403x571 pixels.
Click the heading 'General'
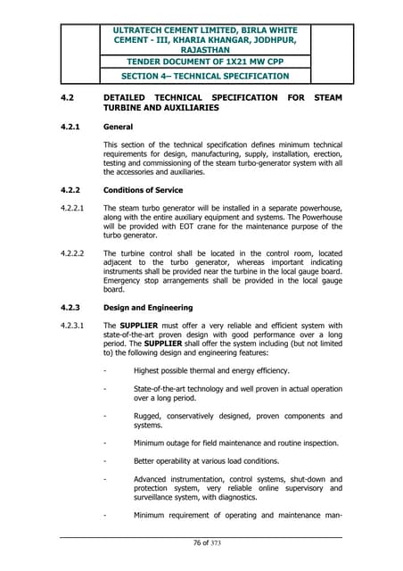(119, 126)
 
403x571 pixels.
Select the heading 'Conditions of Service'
(143, 190)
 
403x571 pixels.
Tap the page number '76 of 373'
(201, 544)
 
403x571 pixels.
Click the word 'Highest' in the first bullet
(149, 369)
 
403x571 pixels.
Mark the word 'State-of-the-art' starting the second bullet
(164, 388)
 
